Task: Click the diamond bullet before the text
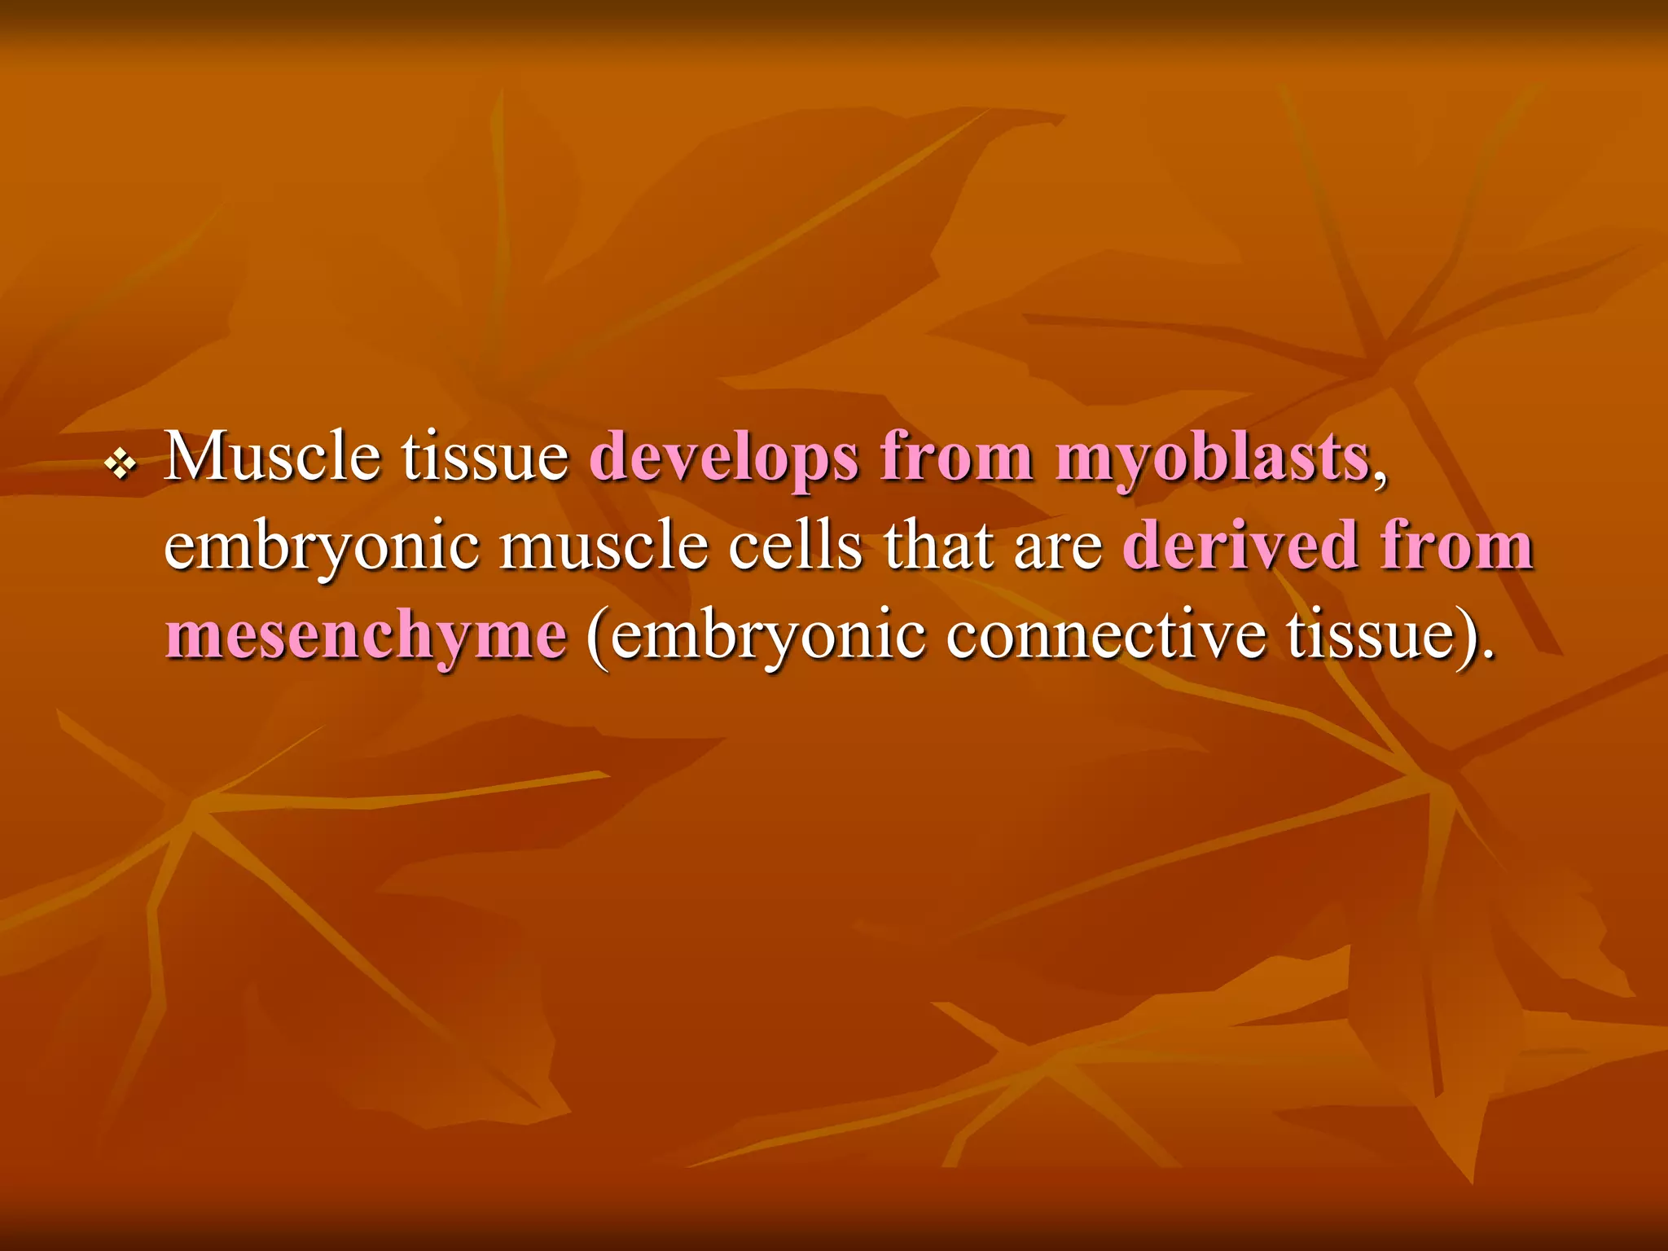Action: [x=121, y=465]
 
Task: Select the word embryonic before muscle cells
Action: [x=321, y=548]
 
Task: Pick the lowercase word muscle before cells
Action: [x=603, y=546]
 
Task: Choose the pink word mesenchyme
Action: [x=366, y=636]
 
